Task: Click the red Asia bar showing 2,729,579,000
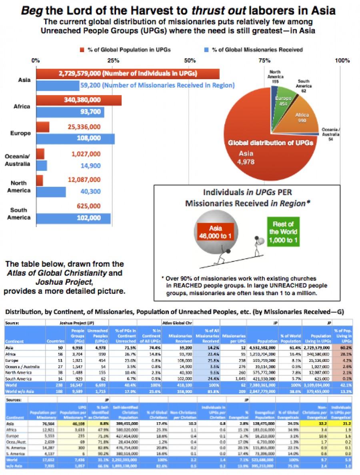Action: click(128, 74)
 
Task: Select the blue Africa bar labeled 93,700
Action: click(70, 112)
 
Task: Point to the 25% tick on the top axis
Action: click(113, 61)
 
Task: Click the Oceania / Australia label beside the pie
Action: click(332, 134)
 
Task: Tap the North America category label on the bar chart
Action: click(19, 187)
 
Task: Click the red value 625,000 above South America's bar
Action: click(89, 206)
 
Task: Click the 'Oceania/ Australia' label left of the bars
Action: click(18, 160)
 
